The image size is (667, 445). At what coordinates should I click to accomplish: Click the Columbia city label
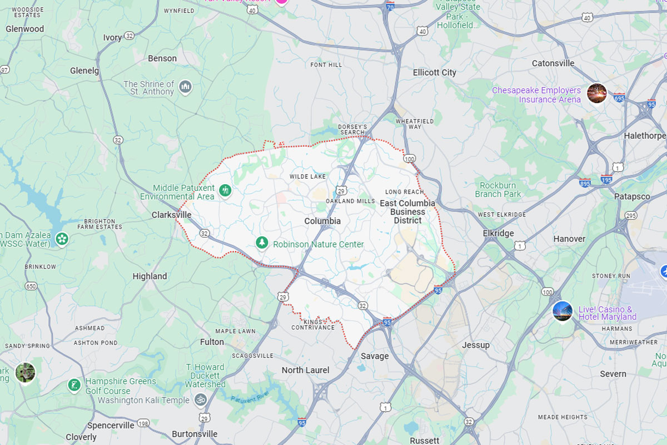point(322,221)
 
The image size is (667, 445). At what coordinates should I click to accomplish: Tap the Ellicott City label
point(434,72)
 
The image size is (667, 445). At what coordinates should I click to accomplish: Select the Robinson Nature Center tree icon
point(262,243)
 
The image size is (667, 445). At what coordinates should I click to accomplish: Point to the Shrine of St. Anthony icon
point(185,86)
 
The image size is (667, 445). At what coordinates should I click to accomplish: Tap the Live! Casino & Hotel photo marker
point(563,311)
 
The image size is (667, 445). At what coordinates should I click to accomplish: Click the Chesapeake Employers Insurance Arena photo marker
point(596,93)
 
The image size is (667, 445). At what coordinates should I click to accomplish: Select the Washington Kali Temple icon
point(200,399)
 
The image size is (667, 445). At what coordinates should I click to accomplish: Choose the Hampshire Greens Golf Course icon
point(74,385)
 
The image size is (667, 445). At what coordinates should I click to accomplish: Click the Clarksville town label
point(171,215)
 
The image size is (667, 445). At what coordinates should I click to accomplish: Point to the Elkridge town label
point(498,233)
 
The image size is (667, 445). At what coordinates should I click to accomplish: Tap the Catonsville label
point(552,63)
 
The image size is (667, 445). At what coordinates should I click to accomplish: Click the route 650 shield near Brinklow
point(31,286)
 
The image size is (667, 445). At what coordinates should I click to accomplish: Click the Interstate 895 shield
point(584,182)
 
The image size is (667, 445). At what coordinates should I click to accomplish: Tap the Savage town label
point(375,356)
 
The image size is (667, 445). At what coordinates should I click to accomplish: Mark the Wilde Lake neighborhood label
point(307,176)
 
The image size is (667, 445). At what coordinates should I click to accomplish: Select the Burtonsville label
point(195,434)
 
